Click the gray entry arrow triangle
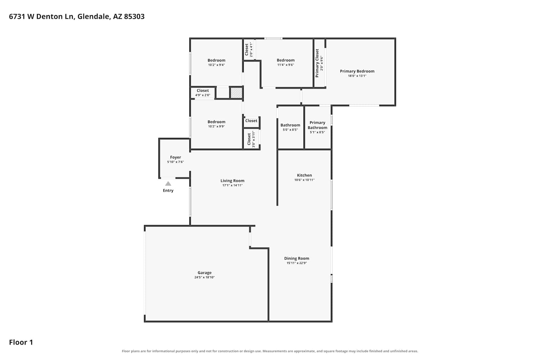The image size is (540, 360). point(168,184)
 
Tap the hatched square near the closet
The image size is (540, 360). point(236,93)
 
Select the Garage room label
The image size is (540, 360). point(204,273)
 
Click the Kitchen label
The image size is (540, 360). point(304,175)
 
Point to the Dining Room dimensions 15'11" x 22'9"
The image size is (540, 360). point(297,263)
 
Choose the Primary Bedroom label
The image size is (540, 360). point(357,71)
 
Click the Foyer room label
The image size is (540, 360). point(175,157)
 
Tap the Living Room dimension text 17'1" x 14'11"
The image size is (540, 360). point(232,185)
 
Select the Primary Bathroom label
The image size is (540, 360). point(317,125)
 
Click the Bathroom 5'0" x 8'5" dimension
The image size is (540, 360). point(290,130)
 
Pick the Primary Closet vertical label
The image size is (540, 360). point(317,63)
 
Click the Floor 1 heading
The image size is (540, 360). point(21,342)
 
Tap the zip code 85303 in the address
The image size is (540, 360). point(134,17)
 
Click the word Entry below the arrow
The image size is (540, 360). point(168,190)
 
